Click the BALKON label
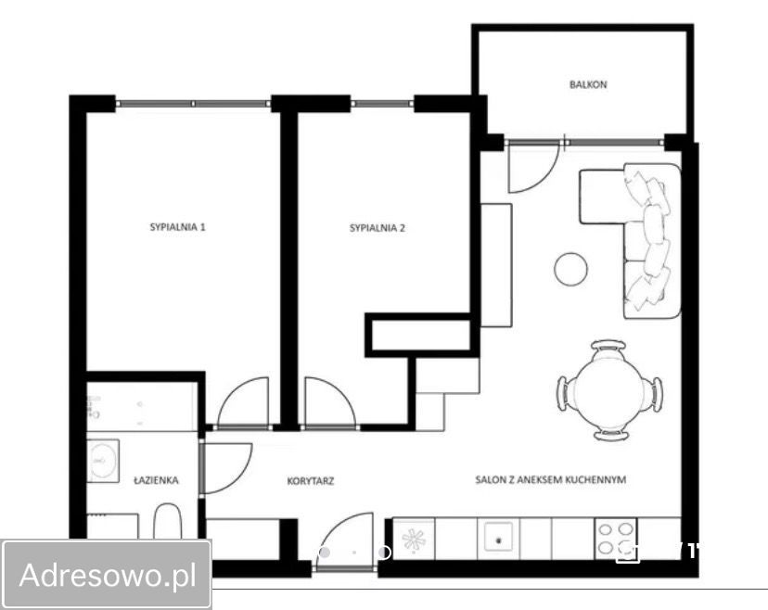[x=588, y=84]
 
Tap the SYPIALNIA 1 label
[x=177, y=227]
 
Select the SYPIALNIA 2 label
[x=378, y=228]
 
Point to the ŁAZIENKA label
[x=156, y=480]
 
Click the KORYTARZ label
[x=311, y=481]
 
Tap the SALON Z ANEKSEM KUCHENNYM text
[x=551, y=480]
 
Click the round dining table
[x=609, y=390]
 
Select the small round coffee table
[x=571, y=268]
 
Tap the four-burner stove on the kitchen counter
[x=616, y=539]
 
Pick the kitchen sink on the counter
[x=499, y=539]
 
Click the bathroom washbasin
[x=103, y=461]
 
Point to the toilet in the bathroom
[x=168, y=522]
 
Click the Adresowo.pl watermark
[x=108, y=575]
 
